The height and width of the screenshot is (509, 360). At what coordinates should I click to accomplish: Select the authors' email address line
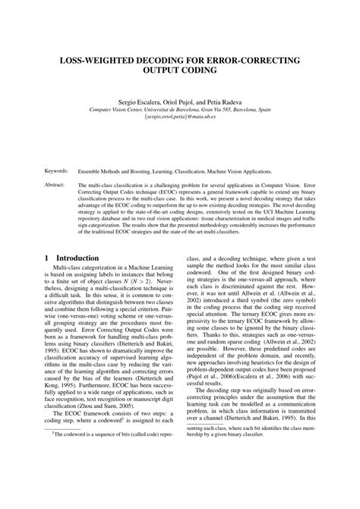[180, 118]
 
